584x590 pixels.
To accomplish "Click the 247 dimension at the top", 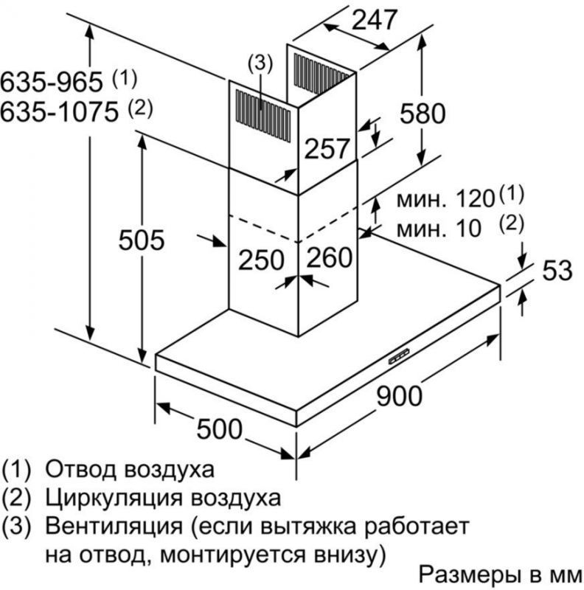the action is [x=374, y=20].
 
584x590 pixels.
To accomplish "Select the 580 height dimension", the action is [x=423, y=114].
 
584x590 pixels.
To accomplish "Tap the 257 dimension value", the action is [x=327, y=148].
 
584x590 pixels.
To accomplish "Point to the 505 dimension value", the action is [x=142, y=240].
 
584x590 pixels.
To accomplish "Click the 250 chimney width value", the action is [x=261, y=260].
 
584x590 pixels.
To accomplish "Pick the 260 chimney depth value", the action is [x=330, y=257].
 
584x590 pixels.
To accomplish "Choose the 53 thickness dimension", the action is [x=557, y=270].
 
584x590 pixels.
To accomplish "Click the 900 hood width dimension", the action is [x=399, y=396].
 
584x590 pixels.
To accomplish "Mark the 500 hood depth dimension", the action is [x=220, y=429].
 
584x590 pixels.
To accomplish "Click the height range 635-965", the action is [x=52, y=82].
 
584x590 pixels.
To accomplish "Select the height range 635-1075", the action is [x=59, y=112].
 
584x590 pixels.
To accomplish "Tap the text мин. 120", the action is [x=445, y=198].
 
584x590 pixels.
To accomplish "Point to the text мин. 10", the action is [x=439, y=229].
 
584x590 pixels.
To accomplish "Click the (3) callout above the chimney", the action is [x=260, y=63].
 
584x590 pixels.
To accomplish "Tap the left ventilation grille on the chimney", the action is [x=263, y=116].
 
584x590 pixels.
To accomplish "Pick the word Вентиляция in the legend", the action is [x=114, y=527].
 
